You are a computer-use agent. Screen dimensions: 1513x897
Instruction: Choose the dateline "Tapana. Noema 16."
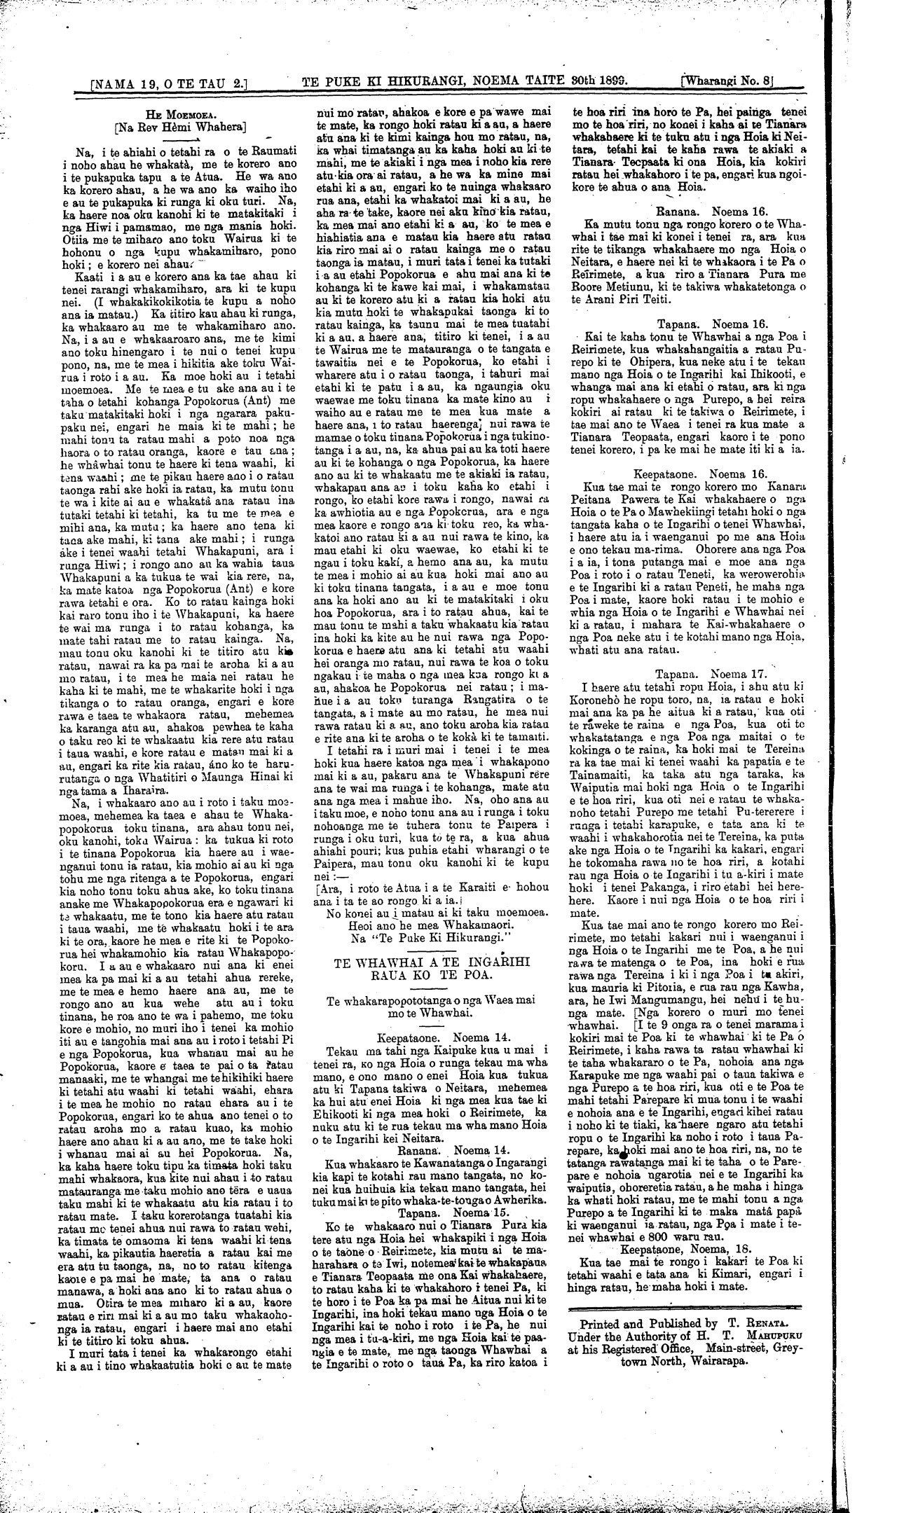(703, 324)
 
